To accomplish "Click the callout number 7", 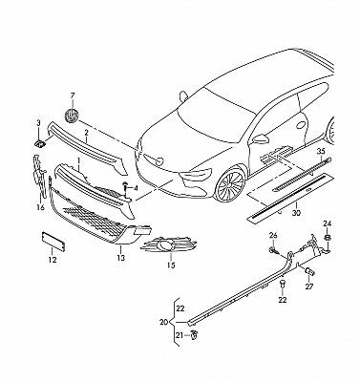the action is tap(73, 95).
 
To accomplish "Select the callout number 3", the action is tap(38, 122).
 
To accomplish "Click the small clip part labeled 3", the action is tap(40, 144).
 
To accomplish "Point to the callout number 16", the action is tap(40, 208).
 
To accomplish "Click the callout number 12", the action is tap(53, 260).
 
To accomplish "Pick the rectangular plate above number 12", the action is tap(53, 242).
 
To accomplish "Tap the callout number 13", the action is tap(120, 258).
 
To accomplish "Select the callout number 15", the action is tap(171, 265).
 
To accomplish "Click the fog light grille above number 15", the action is tap(169, 245).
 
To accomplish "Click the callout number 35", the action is tap(321, 152).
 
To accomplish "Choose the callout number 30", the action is tap(296, 213).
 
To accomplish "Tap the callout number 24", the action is tap(328, 223).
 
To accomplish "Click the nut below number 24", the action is tap(327, 238).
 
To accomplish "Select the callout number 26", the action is tap(273, 236).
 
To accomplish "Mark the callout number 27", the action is tap(309, 286).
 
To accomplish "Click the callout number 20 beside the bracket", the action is tap(163, 323).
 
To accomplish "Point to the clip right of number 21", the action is tap(193, 335).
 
